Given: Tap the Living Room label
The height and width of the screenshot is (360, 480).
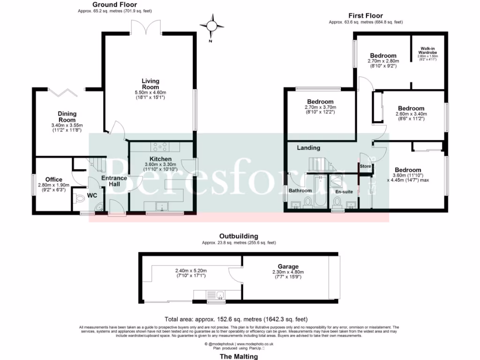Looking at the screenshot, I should [150, 83].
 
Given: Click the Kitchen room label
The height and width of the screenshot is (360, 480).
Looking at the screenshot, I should [161, 159].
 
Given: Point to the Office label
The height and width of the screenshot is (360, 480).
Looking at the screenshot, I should [54, 179].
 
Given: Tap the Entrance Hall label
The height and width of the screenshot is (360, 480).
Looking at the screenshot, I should [114, 181].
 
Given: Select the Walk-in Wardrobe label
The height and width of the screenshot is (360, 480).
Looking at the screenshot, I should [427, 50].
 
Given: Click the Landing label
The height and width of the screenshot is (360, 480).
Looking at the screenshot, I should [308, 148].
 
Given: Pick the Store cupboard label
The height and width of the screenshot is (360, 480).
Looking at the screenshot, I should [365, 166].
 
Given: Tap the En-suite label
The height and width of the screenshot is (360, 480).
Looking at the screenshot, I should [344, 191].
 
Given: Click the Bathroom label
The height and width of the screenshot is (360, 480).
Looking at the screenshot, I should [300, 190].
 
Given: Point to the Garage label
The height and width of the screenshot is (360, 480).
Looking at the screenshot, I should [288, 266].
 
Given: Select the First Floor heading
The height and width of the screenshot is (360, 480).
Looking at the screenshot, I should [366, 15].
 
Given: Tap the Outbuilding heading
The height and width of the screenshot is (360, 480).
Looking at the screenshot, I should [239, 236].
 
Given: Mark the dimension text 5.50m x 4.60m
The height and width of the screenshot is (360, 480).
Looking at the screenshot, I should [150, 92].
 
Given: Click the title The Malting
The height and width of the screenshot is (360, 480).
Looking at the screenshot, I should [239, 356].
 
